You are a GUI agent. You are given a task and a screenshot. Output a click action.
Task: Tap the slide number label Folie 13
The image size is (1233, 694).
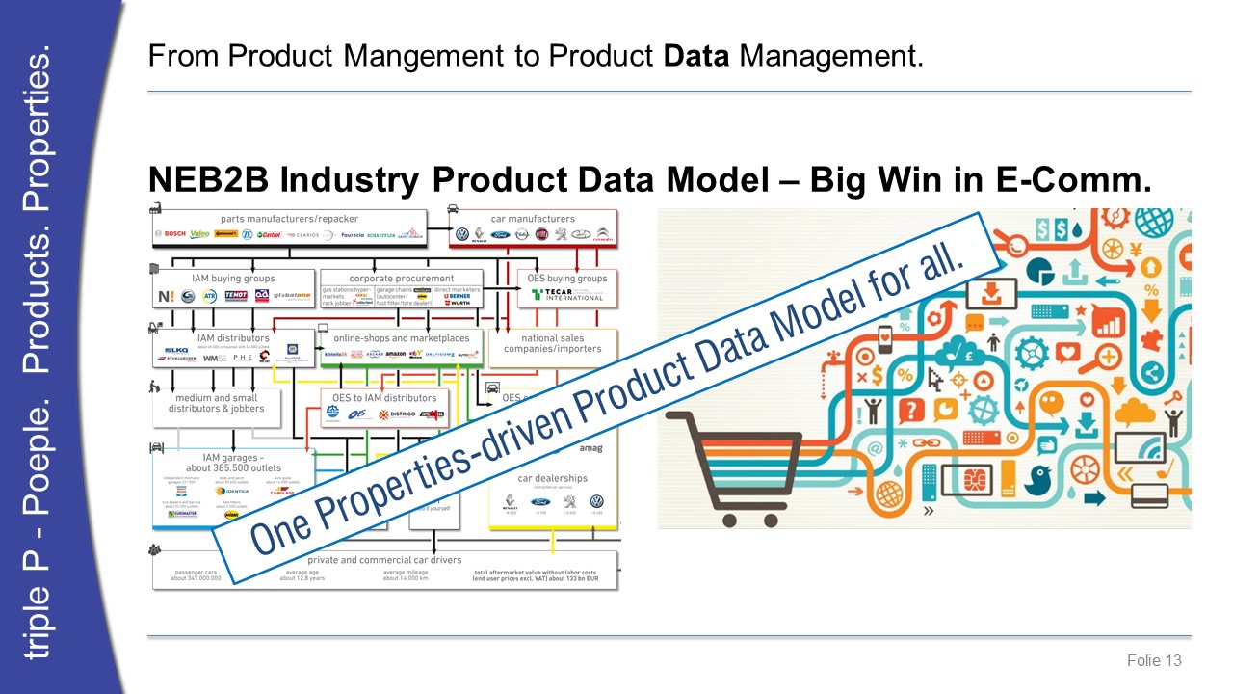pos(1154,660)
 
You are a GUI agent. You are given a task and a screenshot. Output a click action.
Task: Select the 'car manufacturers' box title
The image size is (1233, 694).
pos(533,219)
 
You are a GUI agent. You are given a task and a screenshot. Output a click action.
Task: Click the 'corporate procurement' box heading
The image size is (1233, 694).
pos(402,279)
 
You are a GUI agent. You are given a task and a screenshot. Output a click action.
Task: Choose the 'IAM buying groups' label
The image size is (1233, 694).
pos(233,279)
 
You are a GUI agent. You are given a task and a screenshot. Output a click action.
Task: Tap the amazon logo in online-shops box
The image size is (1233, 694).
pos(396,355)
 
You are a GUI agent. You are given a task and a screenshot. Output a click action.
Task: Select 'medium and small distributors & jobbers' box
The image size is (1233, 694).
pos(216,403)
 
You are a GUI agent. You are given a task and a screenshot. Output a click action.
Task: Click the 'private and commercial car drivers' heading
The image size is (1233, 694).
pos(384,559)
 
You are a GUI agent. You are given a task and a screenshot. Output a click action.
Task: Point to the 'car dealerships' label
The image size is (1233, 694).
pos(552,478)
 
